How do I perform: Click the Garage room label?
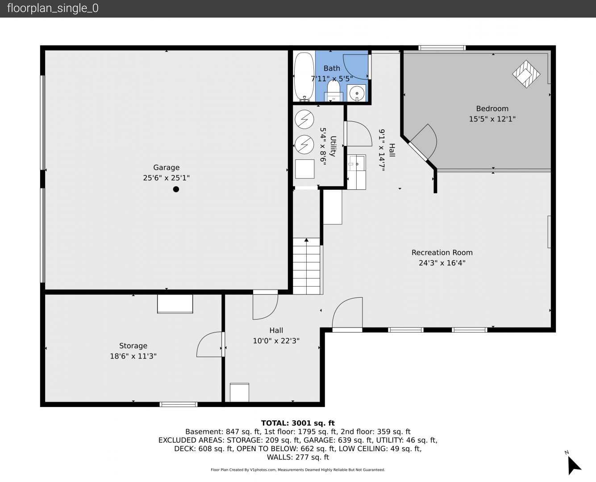[166, 167]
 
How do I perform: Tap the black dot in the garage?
[176, 189]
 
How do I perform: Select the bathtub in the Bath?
[304, 77]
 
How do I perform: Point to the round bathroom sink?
[357, 93]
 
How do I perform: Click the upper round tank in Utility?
[304, 120]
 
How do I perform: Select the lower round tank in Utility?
[304, 145]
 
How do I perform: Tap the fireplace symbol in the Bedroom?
[526, 74]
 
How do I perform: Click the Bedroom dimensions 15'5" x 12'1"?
[492, 119]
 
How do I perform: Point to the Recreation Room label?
[442, 253]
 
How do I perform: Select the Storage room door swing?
[210, 345]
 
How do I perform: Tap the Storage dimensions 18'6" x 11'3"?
[133, 356]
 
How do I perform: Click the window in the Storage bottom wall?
[179, 404]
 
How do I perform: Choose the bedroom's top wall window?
[442, 48]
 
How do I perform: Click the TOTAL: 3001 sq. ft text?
[298, 423]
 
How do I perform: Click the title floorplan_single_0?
[53, 8]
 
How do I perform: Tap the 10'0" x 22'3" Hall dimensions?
[276, 341]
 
